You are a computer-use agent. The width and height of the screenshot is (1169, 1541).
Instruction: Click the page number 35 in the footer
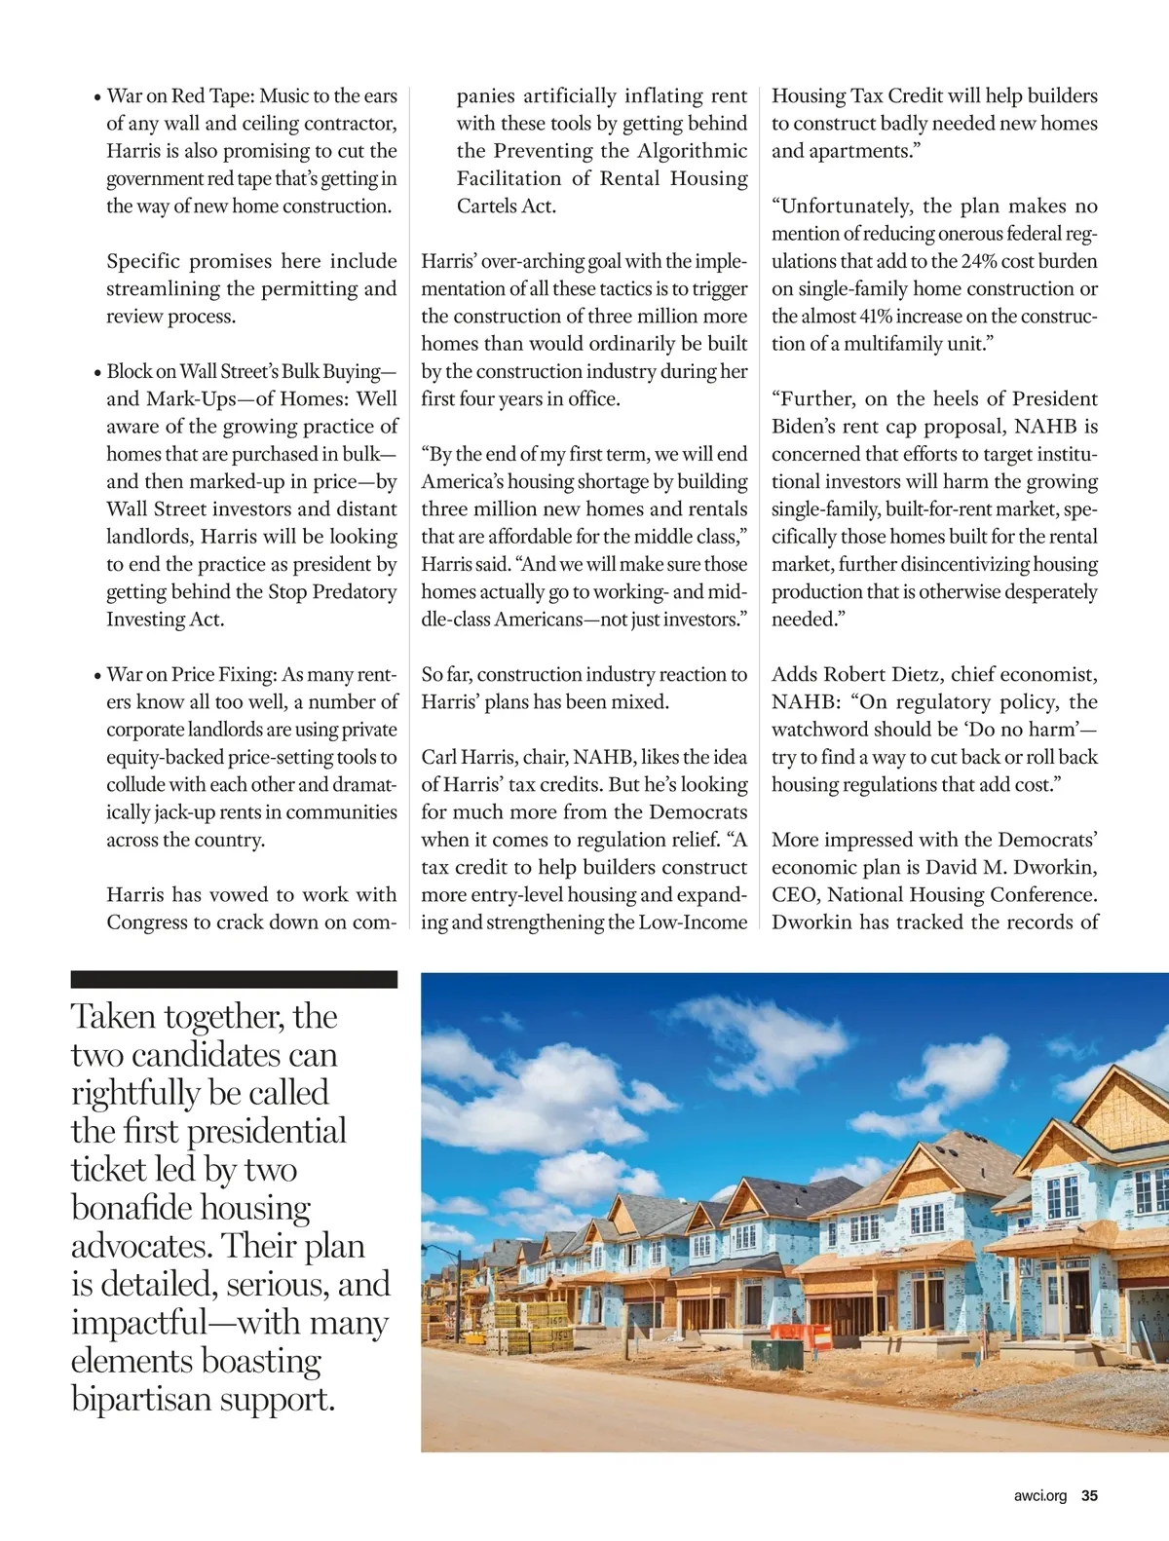[1089, 1495]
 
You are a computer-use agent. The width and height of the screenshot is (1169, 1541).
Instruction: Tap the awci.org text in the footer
[1039, 1495]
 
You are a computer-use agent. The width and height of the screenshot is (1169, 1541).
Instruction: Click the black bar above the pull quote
[234, 979]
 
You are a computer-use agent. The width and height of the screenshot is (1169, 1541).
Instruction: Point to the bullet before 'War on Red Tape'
[97, 97]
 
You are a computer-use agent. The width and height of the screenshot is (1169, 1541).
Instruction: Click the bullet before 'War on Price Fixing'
[97, 676]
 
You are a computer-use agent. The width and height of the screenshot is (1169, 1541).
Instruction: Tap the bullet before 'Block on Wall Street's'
[97, 373]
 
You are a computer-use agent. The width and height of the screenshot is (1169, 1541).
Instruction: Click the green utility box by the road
[776, 1354]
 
